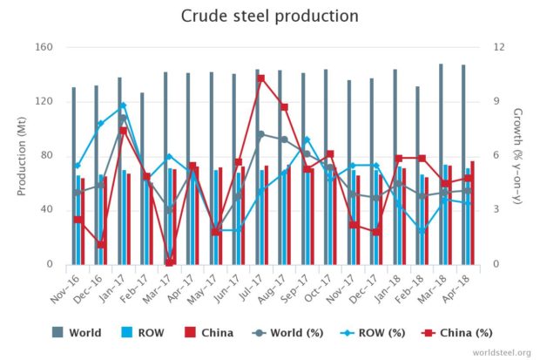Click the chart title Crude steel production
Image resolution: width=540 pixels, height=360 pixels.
coord(269,17)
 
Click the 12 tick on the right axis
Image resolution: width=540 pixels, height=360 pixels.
coord(497,47)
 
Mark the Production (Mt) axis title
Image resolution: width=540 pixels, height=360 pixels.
coord(21,155)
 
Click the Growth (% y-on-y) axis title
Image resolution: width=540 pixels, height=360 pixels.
coord(518,155)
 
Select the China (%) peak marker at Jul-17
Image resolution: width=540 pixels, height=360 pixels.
coord(260,78)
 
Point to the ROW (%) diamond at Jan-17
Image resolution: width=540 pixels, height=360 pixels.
coord(124,105)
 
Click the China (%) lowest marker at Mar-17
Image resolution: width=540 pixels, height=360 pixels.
coord(170,262)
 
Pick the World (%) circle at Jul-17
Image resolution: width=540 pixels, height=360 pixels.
coord(260,134)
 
